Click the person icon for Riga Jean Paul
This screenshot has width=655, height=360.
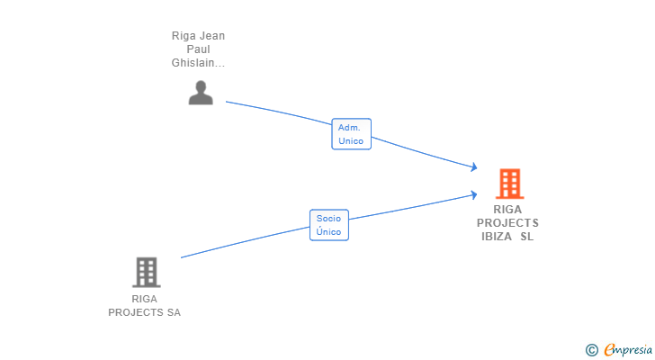[x=201, y=93]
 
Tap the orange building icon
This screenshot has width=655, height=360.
[x=509, y=184]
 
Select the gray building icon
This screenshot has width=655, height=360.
[x=146, y=272]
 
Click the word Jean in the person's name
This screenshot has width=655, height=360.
[x=211, y=36]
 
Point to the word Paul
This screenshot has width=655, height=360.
[x=198, y=49]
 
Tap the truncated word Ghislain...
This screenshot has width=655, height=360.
[x=198, y=63]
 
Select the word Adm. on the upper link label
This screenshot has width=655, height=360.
[x=349, y=128]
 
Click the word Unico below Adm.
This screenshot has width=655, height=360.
[x=350, y=141]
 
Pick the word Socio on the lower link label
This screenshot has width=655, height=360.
[x=328, y=219]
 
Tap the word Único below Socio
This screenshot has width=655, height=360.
[x=328, y=232]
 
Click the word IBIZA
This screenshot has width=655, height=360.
[x=497, y=237]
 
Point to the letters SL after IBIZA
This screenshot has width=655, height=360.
[x=526, y=237]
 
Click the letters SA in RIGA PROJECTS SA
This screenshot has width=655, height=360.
[x=173, y=312]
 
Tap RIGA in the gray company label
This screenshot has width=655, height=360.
[x=144, y=299]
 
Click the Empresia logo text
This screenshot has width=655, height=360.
[x=628, y=350]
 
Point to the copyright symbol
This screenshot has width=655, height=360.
[x=591, y=350]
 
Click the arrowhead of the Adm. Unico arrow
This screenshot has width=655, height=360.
[x=473, y=166]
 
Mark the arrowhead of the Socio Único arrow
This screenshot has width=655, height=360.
[x=473, y=193]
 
